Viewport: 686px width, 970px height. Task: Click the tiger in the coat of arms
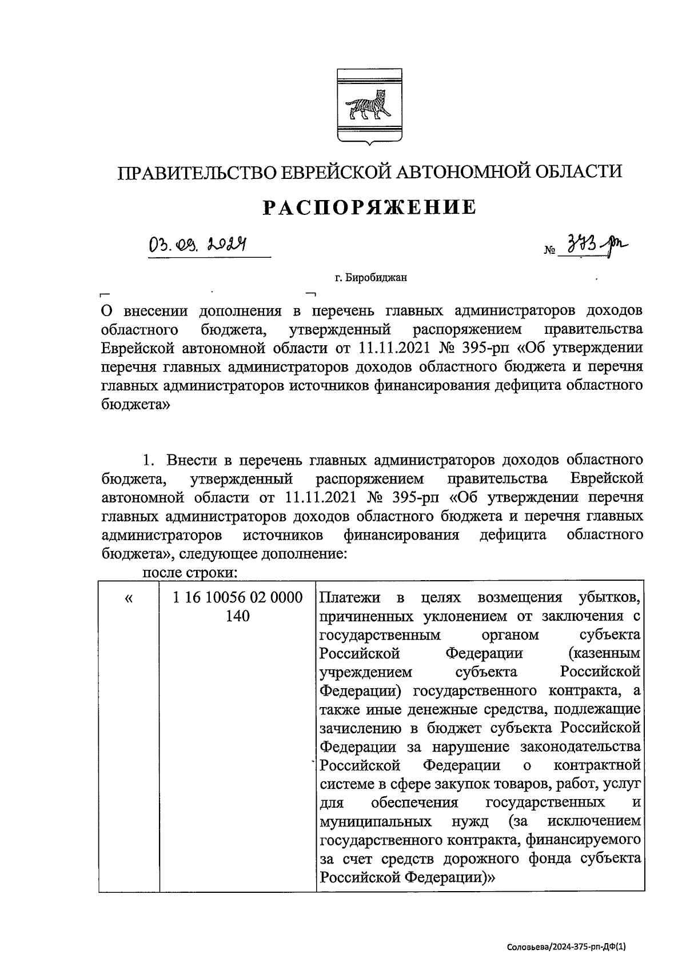click(368, 106)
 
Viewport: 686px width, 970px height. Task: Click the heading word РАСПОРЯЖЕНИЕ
click(369, 207)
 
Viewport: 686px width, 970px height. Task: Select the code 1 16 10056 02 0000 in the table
click(238, 598)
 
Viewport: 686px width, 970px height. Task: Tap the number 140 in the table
click(238, 617)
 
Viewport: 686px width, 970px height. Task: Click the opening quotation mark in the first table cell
click(128, 598)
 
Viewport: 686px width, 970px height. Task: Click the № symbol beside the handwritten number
click(550, 251)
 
